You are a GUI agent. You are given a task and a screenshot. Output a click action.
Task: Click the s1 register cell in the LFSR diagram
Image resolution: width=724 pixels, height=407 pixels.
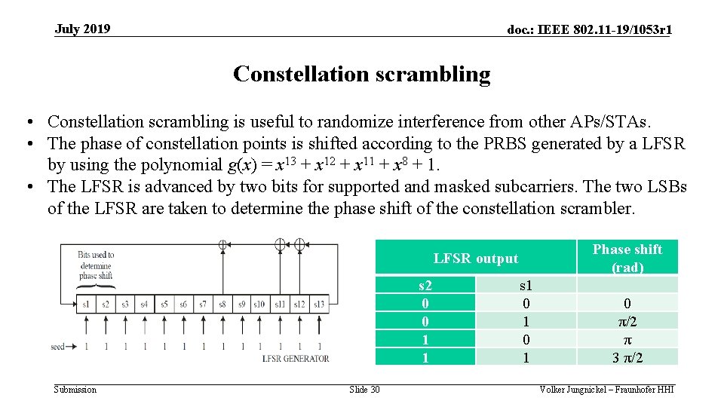click(x=86, y=304)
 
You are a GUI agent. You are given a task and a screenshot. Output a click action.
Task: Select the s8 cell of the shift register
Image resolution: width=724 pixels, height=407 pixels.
click(x=222, y=304)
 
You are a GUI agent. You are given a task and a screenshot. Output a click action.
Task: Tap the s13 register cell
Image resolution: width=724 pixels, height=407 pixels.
click(x=319, y=304)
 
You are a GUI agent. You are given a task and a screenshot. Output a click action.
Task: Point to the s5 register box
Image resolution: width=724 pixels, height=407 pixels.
click(x=164, y=304)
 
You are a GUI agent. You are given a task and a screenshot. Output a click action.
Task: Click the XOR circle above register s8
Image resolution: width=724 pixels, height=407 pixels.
click(x=222, y=244)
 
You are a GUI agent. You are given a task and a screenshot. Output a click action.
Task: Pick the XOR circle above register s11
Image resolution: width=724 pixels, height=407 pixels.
click(x=280, y=244)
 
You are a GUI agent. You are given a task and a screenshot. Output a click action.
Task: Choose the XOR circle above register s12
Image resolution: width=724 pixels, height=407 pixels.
click(x=299, y=244)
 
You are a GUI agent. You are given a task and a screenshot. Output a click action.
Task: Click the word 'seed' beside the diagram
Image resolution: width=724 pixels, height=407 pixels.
click(x=58, y=347)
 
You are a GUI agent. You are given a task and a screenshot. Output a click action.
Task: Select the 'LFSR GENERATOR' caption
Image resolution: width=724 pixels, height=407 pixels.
click(x=296, y=359)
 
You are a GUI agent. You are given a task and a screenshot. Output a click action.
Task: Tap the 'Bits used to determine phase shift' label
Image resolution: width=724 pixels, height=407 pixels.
click(x=96, y=265)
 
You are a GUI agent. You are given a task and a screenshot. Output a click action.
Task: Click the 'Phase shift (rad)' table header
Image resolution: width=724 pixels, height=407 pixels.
click(x=627, y=258)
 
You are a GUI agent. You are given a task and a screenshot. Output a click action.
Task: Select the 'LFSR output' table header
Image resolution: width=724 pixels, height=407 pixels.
click(x=476, y=259)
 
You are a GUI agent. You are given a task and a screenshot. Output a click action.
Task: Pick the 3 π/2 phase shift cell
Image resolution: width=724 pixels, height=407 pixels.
click(x=627, y=357)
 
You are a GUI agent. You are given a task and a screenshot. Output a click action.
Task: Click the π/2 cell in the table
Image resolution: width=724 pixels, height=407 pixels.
click(x=627, y=321)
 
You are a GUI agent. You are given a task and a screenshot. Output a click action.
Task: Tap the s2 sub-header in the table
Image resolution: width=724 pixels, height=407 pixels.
click(x=425, y=285)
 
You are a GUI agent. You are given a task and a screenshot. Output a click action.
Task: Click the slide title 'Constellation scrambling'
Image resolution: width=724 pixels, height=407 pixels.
click(x=361, y=74)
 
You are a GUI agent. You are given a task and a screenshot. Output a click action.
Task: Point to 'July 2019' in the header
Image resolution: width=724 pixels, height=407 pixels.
click(x=82, y=29)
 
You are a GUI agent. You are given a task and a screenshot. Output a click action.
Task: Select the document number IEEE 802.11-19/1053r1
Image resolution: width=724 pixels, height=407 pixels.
click(x=590, y=30)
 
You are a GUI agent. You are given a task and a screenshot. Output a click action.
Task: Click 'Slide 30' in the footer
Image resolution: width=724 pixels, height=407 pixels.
click(x=364, y=390)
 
